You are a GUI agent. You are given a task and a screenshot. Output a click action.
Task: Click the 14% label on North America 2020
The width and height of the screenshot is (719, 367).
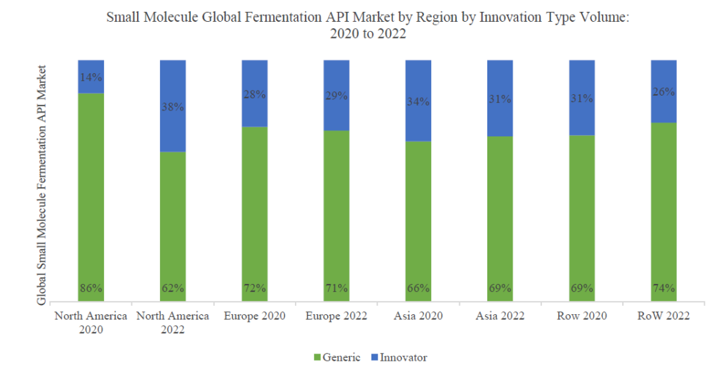click(91, 78)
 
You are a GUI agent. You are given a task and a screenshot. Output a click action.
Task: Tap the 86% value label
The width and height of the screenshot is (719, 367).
click(91, 288)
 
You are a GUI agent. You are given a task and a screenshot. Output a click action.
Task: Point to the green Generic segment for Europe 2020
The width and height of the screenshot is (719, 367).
click(254, 211)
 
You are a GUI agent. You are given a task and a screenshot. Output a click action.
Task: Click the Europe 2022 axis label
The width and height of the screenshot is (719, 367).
click(336, 316)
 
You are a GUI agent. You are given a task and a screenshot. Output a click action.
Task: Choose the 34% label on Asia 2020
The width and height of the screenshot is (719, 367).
click(417, 101)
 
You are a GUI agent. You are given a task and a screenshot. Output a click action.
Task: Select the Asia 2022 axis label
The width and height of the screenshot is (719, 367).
click(499, 316)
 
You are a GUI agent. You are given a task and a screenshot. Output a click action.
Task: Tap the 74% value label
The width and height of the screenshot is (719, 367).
click(663, 288)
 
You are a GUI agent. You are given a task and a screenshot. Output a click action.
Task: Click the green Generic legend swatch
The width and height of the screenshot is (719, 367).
click(315, 357)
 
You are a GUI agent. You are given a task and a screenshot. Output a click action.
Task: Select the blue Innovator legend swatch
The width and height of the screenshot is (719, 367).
click(374, 357)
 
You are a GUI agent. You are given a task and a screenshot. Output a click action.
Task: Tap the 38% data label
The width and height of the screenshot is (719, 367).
click(173, 108)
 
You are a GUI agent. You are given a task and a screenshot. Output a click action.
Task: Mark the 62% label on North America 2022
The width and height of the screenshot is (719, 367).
click(173, 288)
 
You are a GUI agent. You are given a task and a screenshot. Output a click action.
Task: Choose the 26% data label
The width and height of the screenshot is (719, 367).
click(663, 91)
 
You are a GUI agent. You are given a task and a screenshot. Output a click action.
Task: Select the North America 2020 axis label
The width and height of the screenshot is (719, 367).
click(91, 323)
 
